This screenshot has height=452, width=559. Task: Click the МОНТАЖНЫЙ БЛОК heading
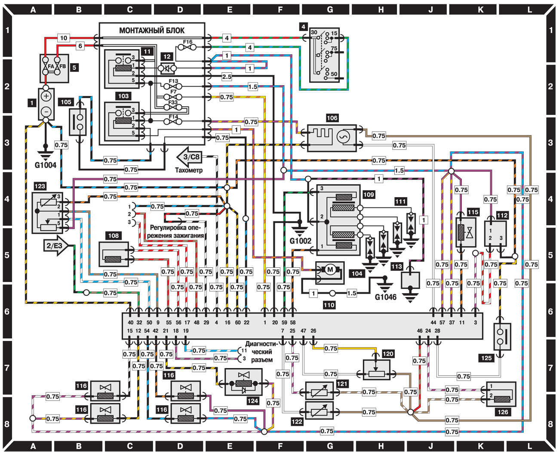(152, 30)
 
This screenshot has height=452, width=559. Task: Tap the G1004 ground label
(46, 165)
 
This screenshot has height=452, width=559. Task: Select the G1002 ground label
(300, 241)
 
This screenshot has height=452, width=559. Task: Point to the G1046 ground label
(386, 297)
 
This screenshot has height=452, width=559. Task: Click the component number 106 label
(332, 118)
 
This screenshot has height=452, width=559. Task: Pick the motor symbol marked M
(330, 270)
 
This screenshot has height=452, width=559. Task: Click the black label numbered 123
(40, 186)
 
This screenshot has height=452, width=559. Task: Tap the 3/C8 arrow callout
(189, 157)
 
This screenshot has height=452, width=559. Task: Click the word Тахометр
(189, 170)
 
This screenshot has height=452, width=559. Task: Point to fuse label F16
(187, 42)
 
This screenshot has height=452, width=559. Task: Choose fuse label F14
(173, 117)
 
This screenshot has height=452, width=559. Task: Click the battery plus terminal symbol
(46, 95)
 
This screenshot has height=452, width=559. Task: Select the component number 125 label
(486, 358)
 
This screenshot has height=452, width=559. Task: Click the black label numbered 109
(369, 195)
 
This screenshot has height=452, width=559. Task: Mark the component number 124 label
(252, 401)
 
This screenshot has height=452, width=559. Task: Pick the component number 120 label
(388, 354)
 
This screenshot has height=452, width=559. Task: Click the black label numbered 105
(66, 102)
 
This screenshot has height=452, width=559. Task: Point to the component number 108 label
(114, 235)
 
